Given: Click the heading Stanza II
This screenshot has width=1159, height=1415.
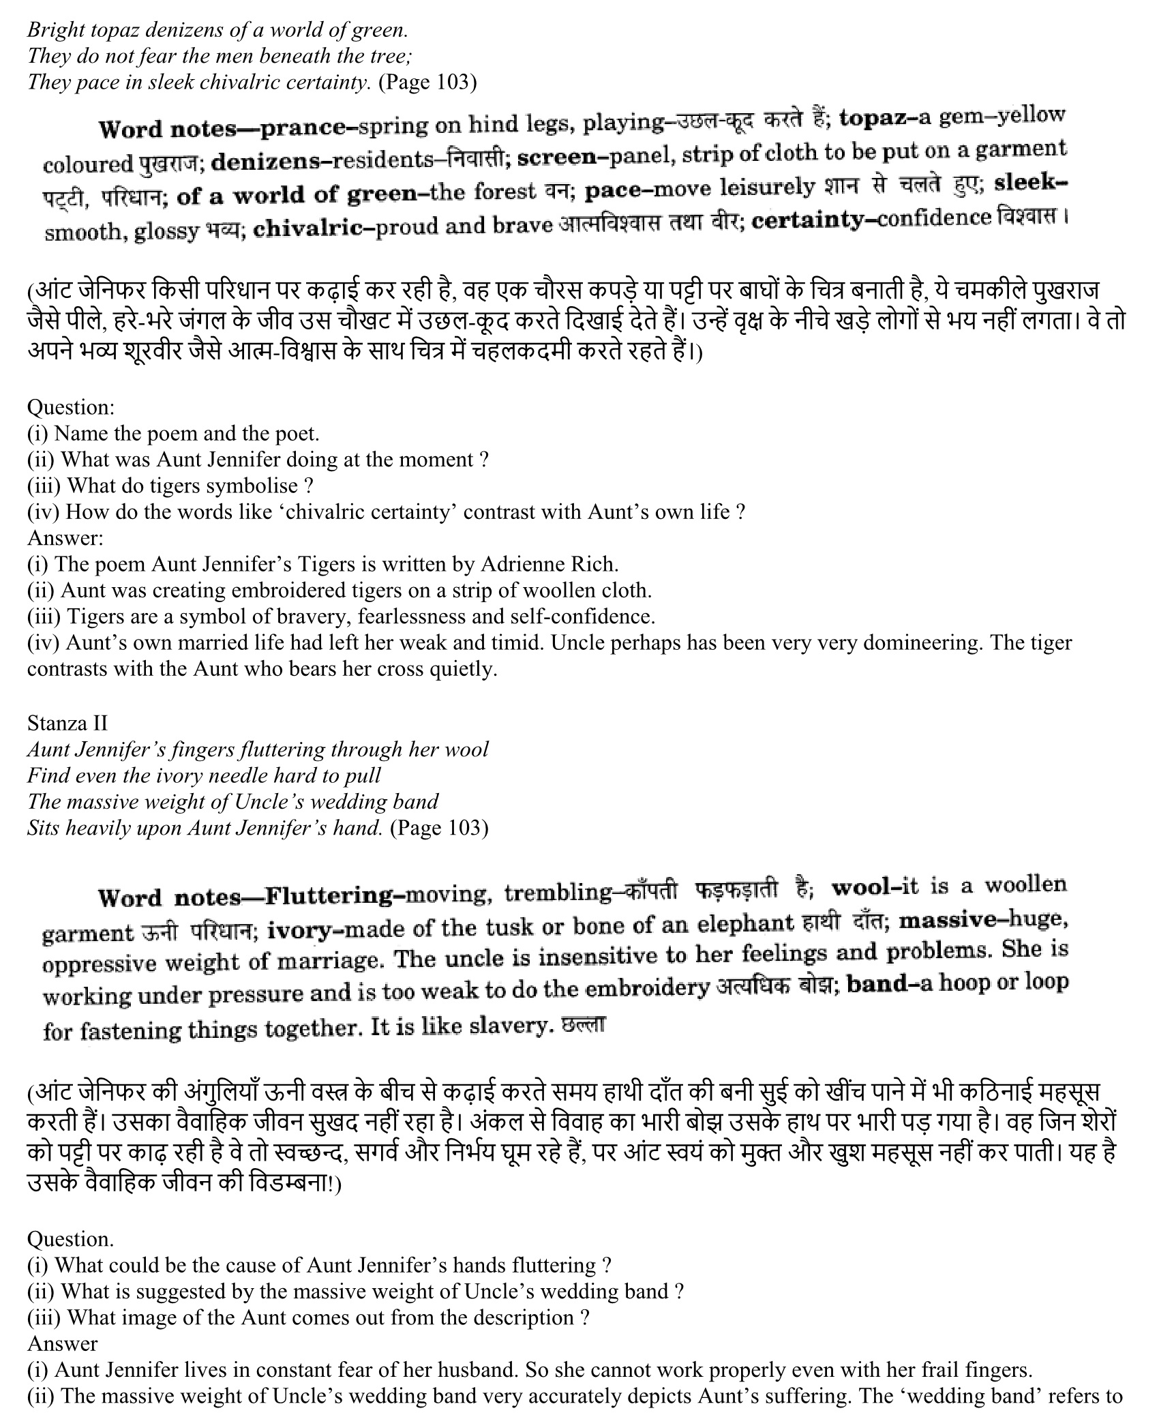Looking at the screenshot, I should [67, 723].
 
